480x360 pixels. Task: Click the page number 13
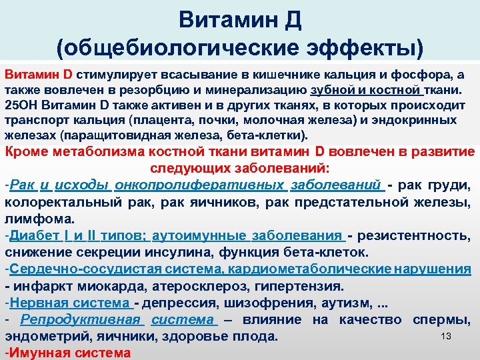click(x=447, y=337)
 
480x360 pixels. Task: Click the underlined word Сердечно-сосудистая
click(x=77, y=269)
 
